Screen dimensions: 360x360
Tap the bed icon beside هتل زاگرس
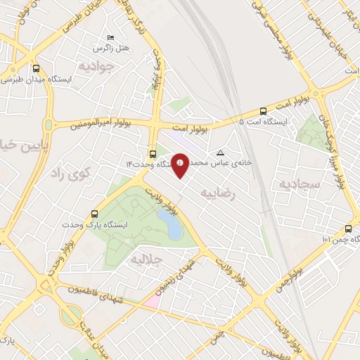point(109,37)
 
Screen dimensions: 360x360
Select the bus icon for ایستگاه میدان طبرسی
point(36,69)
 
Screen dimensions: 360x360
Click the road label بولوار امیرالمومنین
point(99,124)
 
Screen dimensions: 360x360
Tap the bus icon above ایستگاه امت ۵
point(263,110)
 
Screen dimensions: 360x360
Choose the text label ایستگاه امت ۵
point(264,122)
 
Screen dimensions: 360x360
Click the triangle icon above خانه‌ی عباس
point(221,152)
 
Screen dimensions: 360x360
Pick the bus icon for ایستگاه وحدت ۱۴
point(153,153)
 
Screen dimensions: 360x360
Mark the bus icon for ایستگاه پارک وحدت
point(95,214)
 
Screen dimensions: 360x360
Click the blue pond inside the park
point(169,224)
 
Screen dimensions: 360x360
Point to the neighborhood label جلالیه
point(146,259)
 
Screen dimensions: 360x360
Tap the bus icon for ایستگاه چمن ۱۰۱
point(349,228)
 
